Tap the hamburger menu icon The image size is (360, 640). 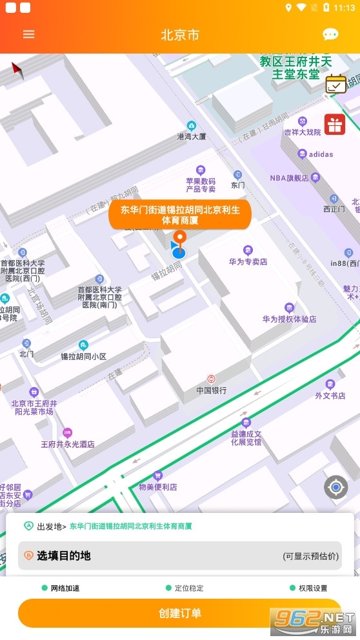pos(29,34)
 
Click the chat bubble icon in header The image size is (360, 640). pos(330,34)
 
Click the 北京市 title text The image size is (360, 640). pos(180,35)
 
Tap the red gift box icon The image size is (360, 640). pos(334,124)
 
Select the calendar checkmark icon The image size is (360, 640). pos(335,85)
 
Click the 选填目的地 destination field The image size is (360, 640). pos(179,555)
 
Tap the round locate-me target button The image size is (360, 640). pos(335,487)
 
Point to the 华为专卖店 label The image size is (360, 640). pos(248,261)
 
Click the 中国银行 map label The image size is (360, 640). pos(211,390)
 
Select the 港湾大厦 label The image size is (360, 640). pos(191,136)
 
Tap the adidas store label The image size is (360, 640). pos(321,154)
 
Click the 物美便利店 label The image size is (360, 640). pos(158,486)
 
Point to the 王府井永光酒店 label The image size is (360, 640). pos(68,444)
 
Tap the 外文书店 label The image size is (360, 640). pos(330,395)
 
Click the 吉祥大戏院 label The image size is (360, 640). pos(303,132)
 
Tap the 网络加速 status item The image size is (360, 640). pos(63,588)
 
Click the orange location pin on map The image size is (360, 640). pos(181,237)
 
